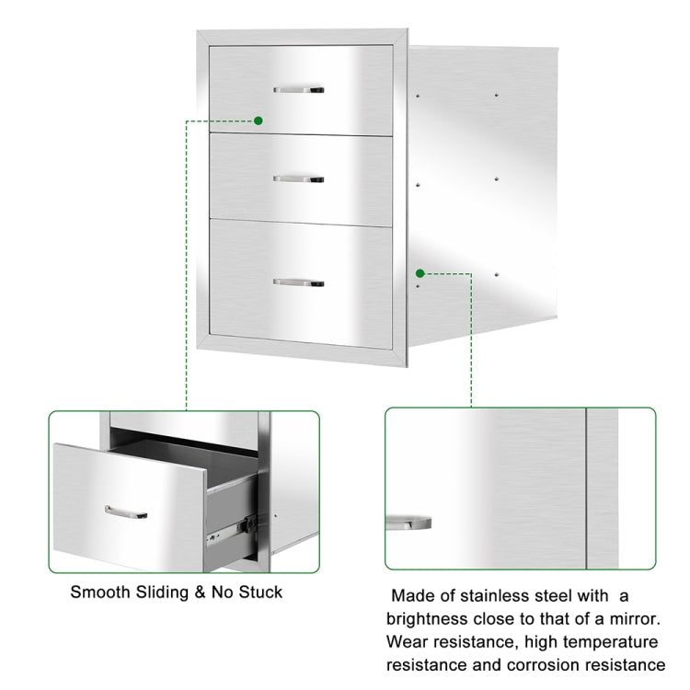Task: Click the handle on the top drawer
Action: tap(298, 90)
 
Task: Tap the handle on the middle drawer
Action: tap(298, 177)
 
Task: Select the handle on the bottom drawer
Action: tap(298, 282)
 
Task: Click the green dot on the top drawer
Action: tap(258, 121)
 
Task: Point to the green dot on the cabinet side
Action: tap(420, 273)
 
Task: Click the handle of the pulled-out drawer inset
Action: tap(126, 512)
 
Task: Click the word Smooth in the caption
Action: tap(99, 592)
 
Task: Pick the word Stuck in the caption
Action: tap(261, 592)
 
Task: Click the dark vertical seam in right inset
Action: tap(586, 488)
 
